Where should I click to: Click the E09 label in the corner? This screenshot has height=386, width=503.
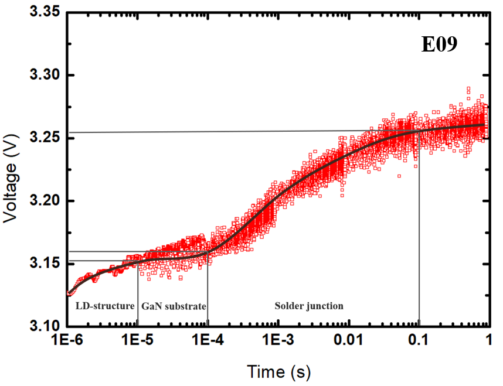447,45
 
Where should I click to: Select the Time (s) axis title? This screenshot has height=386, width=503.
278,372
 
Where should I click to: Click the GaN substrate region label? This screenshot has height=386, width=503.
174,306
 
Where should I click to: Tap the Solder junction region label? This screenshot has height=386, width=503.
309,306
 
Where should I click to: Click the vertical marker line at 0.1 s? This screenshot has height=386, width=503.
419,234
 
